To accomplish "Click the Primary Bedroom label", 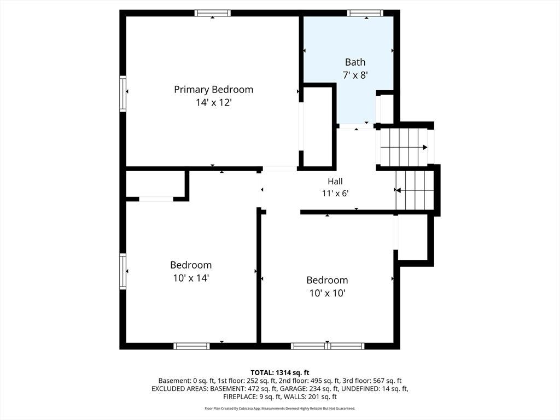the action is [214, 90].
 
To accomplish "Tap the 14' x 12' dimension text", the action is [214, 103].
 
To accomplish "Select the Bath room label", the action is [355, 62].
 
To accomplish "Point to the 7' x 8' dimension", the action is [355, 75].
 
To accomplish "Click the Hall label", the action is [335, 182].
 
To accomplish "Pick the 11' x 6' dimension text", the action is [335, 194].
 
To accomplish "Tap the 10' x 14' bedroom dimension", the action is [191, 278].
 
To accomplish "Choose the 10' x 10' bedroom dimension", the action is [327, 293].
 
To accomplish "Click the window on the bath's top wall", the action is [365, 13].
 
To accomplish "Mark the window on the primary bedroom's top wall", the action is [213, 13].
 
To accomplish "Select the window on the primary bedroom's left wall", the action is [123, 94].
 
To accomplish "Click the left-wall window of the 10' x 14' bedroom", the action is [123, 271].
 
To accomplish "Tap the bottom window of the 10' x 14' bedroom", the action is [191, 346].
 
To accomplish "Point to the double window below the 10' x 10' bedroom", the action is [328, 346].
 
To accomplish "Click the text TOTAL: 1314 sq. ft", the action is [280, 373].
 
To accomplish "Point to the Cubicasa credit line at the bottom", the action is [280, 408].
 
